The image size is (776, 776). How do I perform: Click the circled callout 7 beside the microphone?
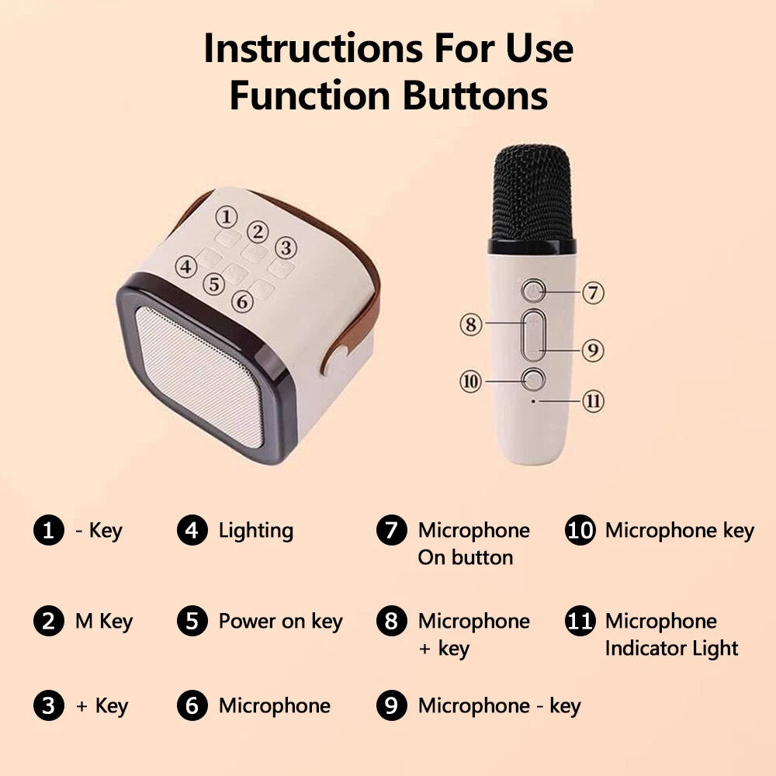(x=593, y=293)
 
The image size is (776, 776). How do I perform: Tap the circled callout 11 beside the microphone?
(x=593, y=401)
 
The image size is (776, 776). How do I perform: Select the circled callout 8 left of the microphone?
(x=471, y=323)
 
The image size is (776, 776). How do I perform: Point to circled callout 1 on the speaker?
(x=225, y=216)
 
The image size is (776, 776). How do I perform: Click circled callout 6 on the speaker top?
(x=241, y=301)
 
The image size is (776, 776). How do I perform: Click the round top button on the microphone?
(x=532, y=291)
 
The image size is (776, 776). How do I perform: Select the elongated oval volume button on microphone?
(x=532, y=335)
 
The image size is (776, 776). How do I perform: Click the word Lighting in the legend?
(x=255, y=531)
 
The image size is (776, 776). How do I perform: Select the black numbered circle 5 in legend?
(x=192, y=621)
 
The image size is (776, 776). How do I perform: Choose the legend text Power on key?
(x=280, y=621)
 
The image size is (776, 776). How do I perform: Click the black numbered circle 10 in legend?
(x=580, y=531)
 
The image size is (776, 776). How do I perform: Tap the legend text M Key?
(x=103, y=621)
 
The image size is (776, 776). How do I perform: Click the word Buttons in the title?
(x=474, y=96)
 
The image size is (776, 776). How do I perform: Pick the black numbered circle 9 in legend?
(x=392, y=705)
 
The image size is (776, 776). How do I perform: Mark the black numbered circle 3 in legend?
(x=48, y=705)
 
